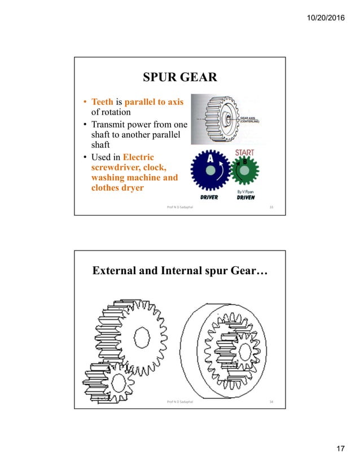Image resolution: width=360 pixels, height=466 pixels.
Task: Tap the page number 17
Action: [340, 449]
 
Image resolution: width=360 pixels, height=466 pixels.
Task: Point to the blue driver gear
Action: [210, 172]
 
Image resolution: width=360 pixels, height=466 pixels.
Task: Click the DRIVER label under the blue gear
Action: [205, 197]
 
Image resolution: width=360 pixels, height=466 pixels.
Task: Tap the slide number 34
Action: [271, 402]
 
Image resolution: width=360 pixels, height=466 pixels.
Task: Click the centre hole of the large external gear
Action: [142, 340]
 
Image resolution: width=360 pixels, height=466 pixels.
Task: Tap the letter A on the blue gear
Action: [210, 160]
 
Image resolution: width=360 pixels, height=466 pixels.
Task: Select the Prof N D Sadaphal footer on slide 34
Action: [180, 402]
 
